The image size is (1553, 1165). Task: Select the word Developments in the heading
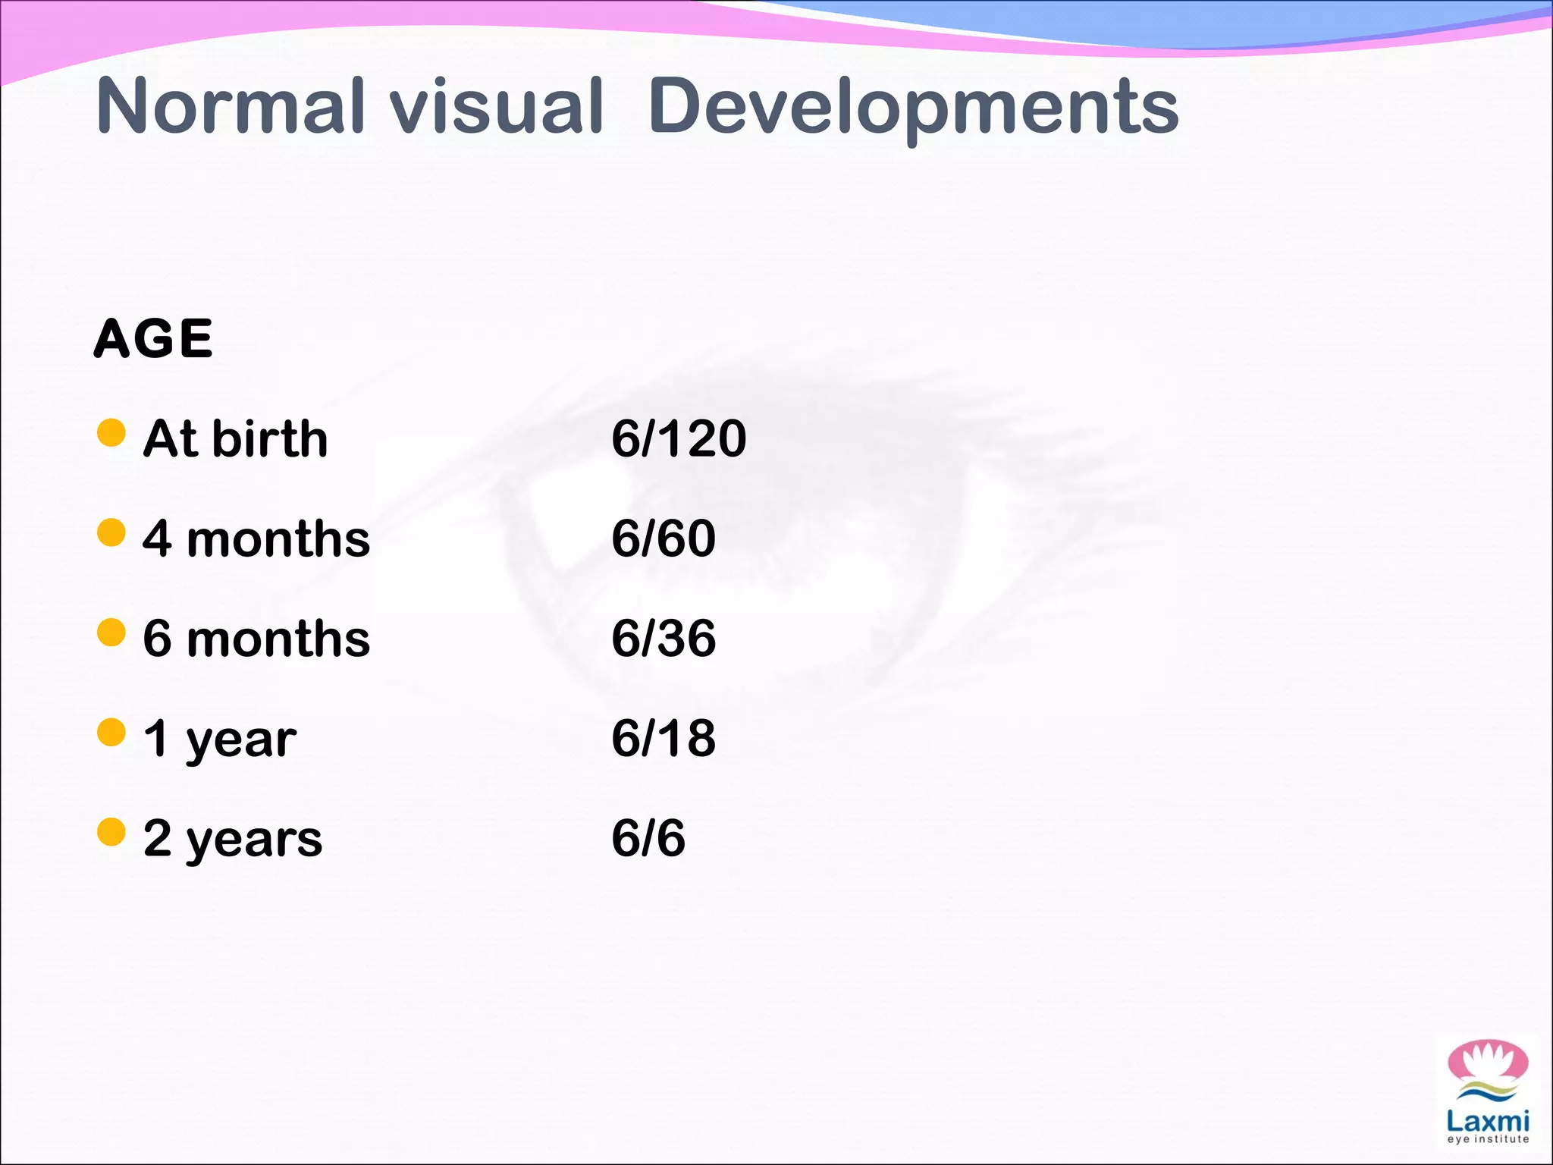click(913, 108)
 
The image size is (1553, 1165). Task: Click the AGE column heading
click(153, 338)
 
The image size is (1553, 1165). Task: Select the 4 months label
click(256, 539)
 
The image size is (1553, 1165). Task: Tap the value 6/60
click(664, 539)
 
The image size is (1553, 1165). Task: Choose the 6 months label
click(256, 639)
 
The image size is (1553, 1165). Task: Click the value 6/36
click(664, 639)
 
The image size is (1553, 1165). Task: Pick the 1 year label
click(220, 739)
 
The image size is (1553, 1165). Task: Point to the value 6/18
click(664, 738)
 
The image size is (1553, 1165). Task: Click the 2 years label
click(233, 839)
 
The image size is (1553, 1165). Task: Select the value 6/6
click(648, 838)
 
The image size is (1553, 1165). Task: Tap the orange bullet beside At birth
click(111, 432)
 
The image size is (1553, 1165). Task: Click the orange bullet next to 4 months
click(111, 532)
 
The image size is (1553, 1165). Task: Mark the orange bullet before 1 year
click(111, 733)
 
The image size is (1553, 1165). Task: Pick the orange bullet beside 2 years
click(111, 832)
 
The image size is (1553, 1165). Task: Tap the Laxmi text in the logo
click(1487, 1120)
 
